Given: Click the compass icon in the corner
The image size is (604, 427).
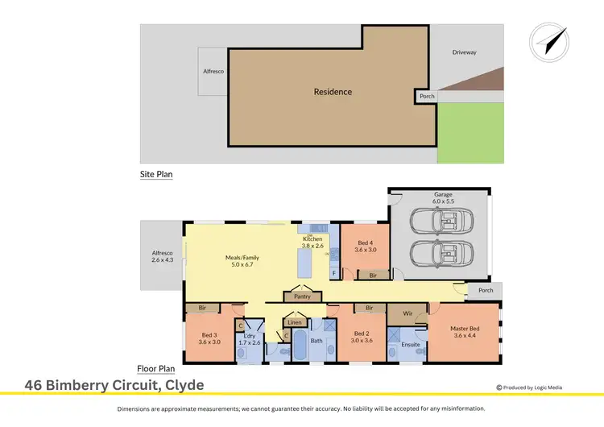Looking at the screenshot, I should [549, 41].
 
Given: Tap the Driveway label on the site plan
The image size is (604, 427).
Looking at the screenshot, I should [464, 52].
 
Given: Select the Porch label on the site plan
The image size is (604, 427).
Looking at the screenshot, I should [427, 97].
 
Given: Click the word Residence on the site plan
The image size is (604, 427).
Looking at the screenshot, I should [333, 92].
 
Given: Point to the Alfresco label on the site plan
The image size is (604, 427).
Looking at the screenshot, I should [213, 71].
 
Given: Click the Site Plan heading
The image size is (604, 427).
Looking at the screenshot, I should [156, 174].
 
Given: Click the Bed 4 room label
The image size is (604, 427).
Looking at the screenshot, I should [365, 247].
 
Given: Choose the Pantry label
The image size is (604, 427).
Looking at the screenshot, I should [302, 296].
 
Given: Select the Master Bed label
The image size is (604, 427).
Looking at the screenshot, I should [464, 331].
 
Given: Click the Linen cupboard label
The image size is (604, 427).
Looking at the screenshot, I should [295, 322].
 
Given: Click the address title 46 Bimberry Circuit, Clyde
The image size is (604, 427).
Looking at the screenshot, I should [114, 386].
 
